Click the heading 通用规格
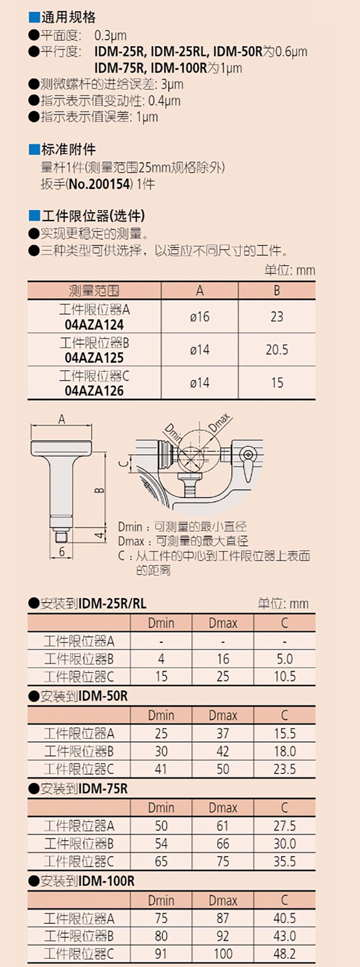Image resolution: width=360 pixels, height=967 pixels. pyautogui.click(x=68, y=17)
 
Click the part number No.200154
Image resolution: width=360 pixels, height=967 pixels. pyautogui.click(x=100, y=184)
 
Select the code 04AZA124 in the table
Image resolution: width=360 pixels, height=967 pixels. pyautogui.click(x=94, y=325)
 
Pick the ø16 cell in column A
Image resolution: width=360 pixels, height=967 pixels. pyautogui.click(x=200, y=316)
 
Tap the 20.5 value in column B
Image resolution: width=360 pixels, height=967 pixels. pyautogui.click(x=277, y=350)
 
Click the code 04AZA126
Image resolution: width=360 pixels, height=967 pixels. pyautogui.click(x=94, y=391)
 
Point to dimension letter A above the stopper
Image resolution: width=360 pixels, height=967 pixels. pyautogui.click(x=62, y=419)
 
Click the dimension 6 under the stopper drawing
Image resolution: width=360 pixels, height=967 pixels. pyautogui.click(x=62, y=552)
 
